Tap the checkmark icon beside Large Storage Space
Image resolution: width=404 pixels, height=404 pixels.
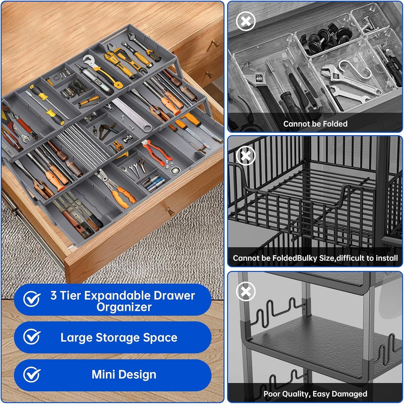click(x=32, y=337)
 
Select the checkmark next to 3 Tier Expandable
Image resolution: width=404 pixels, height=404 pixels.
click(x=32, y=299)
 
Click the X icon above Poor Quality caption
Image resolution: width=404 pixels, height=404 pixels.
click(x=246, y=291)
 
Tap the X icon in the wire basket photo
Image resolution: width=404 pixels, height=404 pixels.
click(x=246, y=155)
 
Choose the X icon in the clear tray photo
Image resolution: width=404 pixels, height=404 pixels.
click(x=246, y=21)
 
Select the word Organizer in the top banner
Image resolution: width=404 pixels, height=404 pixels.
click(x=124, y=308)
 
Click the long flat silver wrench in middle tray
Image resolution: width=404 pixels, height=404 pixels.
click(x=132, y=115)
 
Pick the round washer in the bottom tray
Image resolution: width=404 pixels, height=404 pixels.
click(x=175, y=171)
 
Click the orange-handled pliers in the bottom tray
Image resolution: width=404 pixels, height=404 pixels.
click(x=117, y=189)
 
